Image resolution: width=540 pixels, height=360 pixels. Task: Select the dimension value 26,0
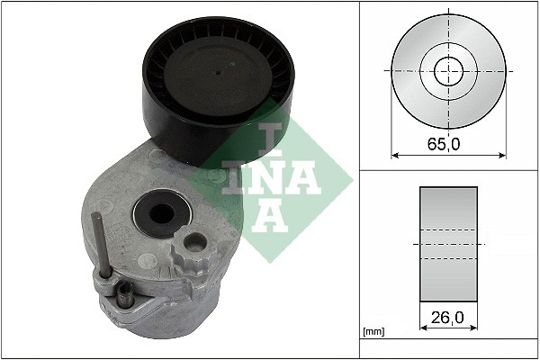[x=448, y=318]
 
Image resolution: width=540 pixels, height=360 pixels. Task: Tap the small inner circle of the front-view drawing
[x=448, y=69]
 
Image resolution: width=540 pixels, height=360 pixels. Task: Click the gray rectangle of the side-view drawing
[x=448, y=243]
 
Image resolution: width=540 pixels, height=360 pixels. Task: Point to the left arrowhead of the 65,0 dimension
[x=394, y=155]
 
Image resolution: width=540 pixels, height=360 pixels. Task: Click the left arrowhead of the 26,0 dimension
[x=423, y=328]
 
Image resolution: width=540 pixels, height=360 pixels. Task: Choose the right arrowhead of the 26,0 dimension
[x=474, y=328]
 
